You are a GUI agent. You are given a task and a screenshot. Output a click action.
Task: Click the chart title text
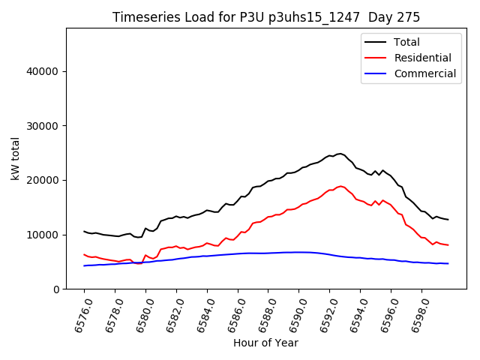pos(266,17)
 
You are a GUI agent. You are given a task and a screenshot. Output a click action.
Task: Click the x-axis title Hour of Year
pos(265,343)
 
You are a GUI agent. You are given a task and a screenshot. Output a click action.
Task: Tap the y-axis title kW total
pos(16,158)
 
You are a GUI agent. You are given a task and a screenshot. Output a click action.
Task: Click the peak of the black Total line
pos(340,153)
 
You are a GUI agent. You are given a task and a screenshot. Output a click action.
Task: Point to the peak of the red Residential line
pos(340,186)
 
